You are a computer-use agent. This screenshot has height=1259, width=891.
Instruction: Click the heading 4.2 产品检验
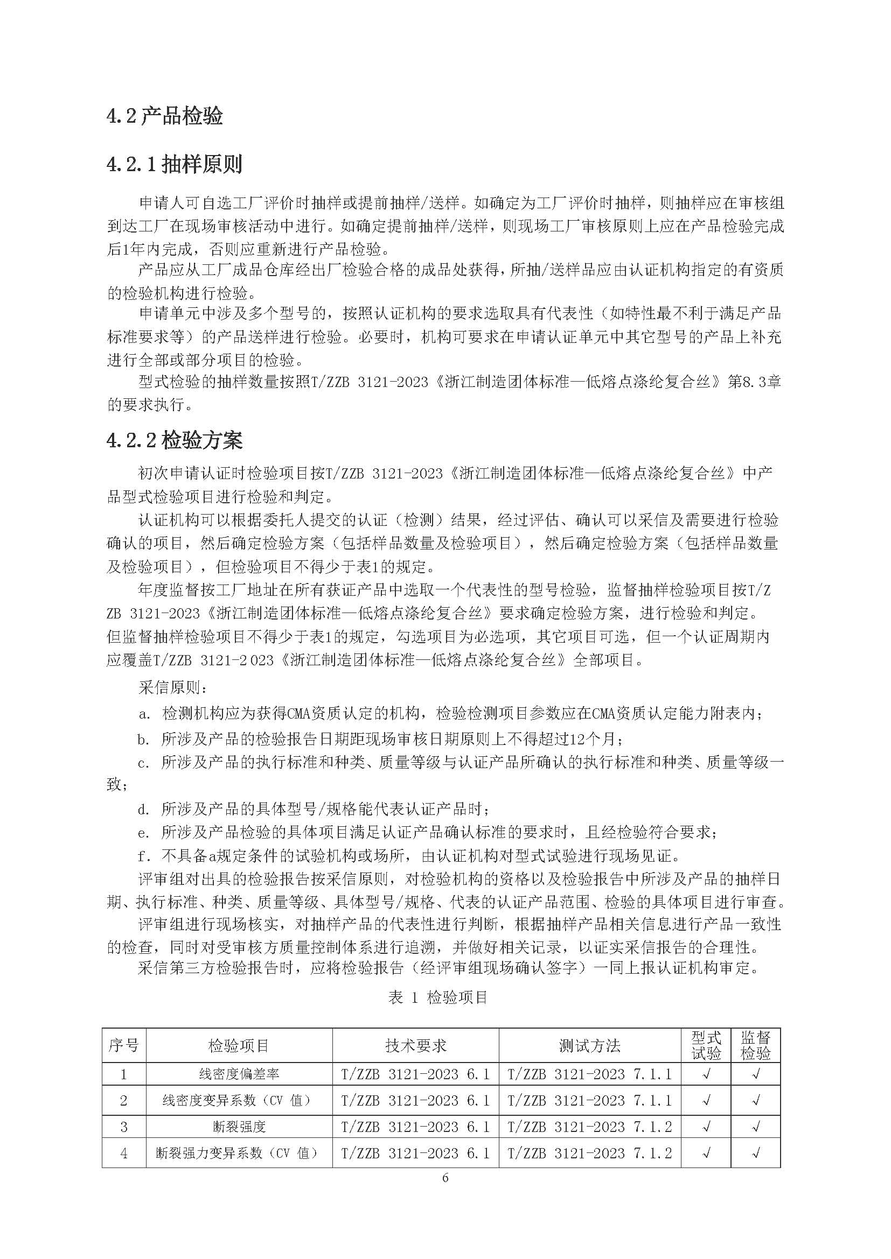click(x=165, y=117)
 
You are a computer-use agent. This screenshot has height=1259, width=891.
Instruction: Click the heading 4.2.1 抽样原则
click(x=175, y=164)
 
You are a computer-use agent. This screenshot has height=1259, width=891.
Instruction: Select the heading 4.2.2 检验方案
click(x=175, y=440)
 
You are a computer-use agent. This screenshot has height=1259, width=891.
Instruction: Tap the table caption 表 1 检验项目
click(x=438, y=997)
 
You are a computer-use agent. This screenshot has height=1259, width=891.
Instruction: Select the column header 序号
click(x=123, y=1046)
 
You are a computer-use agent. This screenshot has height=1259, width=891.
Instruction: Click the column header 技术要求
click(x=415, y=1046)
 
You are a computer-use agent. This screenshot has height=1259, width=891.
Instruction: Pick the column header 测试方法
click(x=589, y=1046)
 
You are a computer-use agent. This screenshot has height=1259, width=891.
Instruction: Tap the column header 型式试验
click(x=706, y=1046)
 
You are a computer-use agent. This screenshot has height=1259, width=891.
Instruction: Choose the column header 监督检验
click(x=755, y=1046)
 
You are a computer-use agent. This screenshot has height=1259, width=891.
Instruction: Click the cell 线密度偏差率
click(x=239, y=1074)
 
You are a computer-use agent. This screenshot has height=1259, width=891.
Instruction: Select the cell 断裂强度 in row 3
click(x=239, y=1127)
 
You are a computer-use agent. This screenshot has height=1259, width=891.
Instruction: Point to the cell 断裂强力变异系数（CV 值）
click(x=239, y=1153)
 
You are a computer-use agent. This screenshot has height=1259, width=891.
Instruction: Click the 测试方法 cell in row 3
click(x=589, y=1127)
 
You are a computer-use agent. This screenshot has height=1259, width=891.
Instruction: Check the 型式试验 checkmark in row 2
click(x=706, y=1101)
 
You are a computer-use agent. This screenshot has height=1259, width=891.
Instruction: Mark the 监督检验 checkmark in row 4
click(x=755, y=1153)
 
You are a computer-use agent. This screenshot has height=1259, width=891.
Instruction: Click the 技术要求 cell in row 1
click(x=415, y=1074)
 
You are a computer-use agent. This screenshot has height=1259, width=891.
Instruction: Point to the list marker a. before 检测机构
click(x=144, y=714)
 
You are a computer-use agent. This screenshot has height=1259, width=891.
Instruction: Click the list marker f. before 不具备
click(x=144, y=855)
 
